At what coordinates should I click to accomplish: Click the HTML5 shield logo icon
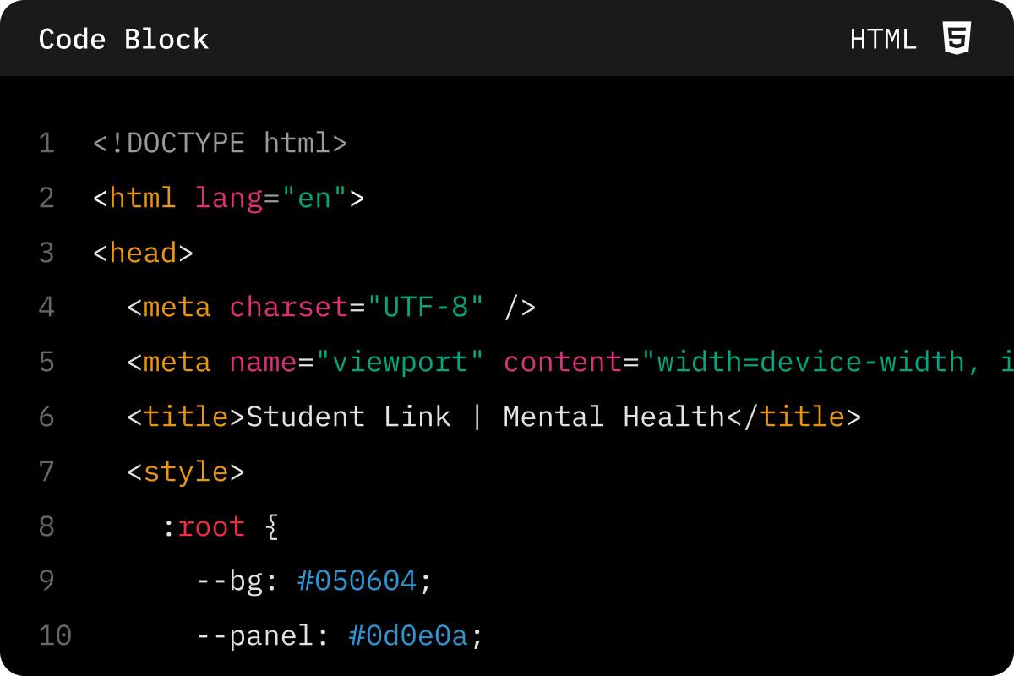957,38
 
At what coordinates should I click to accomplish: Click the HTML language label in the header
883,40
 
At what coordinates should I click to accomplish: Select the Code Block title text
123,39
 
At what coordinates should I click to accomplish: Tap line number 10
55,635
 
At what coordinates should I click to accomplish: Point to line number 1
46,143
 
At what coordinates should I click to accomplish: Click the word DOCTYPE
186,143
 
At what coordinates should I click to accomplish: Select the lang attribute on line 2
229,199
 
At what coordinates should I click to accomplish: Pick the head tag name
143,252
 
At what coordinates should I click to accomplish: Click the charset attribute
289,307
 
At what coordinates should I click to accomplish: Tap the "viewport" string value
400,363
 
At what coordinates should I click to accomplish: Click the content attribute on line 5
563,362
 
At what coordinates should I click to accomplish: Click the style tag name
186,472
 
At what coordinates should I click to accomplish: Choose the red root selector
211,527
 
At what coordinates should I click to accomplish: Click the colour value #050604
357,581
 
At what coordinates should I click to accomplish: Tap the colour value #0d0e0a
408,635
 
